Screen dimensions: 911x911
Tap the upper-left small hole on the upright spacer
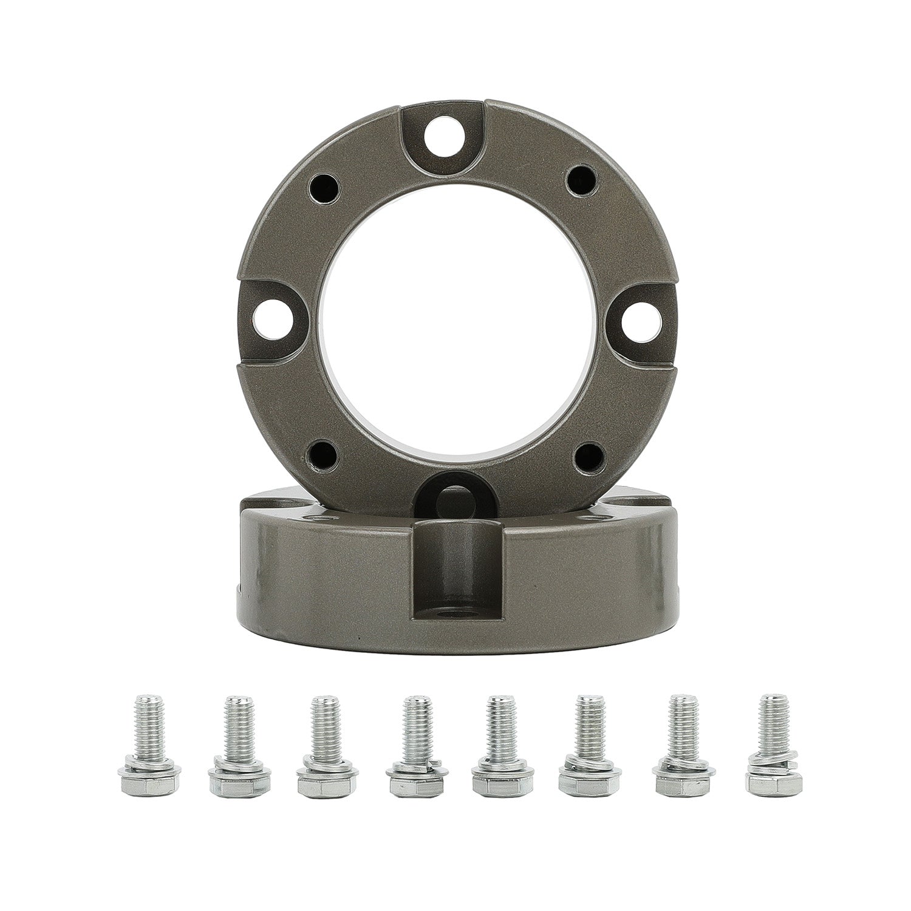[x=322, y=189]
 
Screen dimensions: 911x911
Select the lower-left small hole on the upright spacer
[x=322, y=452]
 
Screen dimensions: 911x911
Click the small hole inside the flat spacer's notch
[x=456, y=627]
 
